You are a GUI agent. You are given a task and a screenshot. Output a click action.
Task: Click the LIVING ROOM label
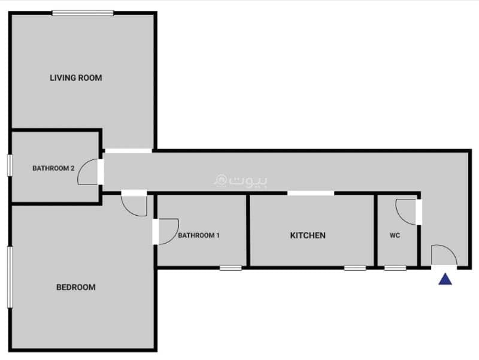point(76,78)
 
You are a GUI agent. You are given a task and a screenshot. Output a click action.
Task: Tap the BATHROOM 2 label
point(53,168)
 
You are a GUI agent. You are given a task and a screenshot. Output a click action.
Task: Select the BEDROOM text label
point(76,288)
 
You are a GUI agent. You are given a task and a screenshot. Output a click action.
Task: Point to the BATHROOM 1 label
point(199,235)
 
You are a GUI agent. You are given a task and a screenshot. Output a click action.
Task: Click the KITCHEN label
point(308,235)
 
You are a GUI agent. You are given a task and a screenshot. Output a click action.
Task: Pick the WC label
point(395,235)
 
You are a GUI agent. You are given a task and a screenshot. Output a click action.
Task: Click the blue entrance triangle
point(445,279)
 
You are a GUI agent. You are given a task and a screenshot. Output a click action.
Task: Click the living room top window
point(83,13)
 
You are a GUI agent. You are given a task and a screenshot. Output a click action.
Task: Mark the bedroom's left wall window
point(10,277)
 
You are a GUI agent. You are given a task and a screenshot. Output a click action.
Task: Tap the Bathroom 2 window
point(10,165)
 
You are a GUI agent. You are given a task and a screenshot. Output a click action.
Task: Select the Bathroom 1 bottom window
point(231,268)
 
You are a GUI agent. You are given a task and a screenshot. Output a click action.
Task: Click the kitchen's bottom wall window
point(355,268)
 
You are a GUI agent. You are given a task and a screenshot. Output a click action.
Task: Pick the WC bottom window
point(395,268)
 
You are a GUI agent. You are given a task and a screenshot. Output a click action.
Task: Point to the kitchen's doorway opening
point(311,193)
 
